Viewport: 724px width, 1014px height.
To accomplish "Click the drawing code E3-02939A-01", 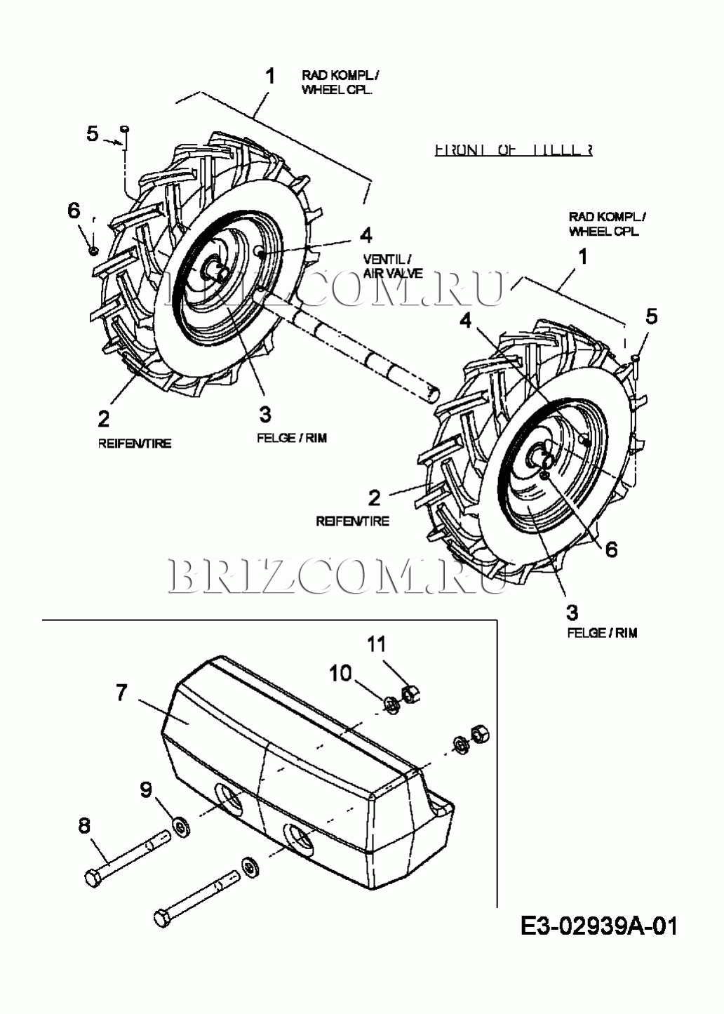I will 599,926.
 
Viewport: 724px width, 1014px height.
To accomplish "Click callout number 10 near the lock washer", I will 340,673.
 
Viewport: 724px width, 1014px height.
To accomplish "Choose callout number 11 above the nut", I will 377,643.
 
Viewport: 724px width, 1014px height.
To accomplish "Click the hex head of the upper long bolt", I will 92,877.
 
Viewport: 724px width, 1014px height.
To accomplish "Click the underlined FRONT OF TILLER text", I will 513,149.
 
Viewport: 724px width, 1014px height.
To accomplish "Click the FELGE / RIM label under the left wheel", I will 292,438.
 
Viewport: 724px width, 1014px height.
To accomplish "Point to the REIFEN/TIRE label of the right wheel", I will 352,521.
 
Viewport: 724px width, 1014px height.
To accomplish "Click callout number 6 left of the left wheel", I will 74,211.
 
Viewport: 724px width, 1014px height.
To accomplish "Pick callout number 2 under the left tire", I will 104,419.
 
